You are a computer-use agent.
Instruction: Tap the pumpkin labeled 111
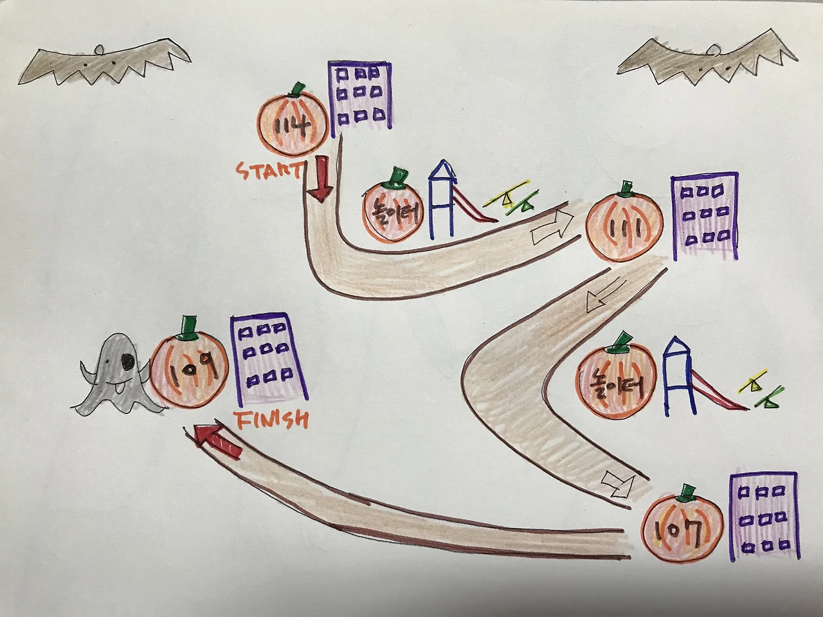624,228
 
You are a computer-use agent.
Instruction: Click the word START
268,170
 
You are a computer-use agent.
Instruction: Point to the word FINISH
271,420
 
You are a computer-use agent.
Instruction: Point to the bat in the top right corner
707,62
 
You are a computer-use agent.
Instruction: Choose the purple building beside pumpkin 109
268,360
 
